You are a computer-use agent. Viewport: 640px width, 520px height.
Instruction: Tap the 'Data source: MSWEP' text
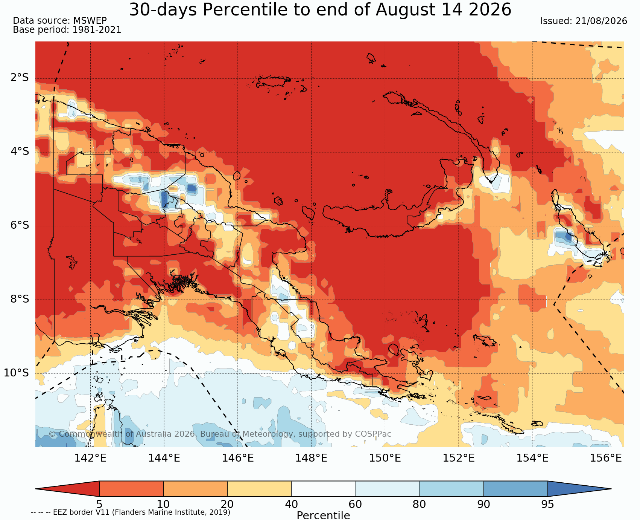pyautogui.click(x=60, y=21)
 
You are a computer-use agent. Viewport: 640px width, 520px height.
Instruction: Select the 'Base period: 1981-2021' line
pyautogui.click(x=67, y=30)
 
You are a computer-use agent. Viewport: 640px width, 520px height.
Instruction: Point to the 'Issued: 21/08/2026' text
pyautogui.click(x=584, y=21)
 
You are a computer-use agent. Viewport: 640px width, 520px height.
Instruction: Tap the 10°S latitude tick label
pyautogui.click(x=17, y=373)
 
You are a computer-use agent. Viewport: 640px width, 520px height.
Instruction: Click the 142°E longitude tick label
pyautogui.click(x=90, y=458)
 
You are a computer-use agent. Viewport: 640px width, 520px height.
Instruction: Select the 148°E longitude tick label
pyautogui.click(x=311, y=458)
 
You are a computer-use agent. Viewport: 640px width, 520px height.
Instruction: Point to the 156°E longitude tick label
pyautogui.click(x=606, y=458)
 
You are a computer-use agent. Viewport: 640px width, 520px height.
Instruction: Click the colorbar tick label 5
pyautogui.click(x=99, y=504)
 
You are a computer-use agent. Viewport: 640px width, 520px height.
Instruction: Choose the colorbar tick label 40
pyautogui.click(x=291, y=504)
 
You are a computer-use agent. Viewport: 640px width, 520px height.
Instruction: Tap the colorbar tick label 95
pyautogui.click(x=547, y=504)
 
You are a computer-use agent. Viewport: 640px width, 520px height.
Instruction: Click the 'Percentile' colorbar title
pyautogui.click(x=323, y=515)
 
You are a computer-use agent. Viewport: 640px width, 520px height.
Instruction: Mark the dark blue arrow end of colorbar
pyautogui.click(x=579, y=489)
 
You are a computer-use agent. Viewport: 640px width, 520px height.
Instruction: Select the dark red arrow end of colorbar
pyautogui.click(x=67, y=489)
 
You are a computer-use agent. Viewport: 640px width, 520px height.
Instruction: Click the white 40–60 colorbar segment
pyautogui.click(x=323, y=489)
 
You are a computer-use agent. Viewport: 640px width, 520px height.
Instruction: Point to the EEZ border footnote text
pyautogui.click(x=131, y=512)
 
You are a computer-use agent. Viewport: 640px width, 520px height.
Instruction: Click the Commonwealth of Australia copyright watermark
pyautogui.click(x=220, y=434)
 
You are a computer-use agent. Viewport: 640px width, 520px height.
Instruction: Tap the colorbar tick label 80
pyautogui.click(x=420, y=504)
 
